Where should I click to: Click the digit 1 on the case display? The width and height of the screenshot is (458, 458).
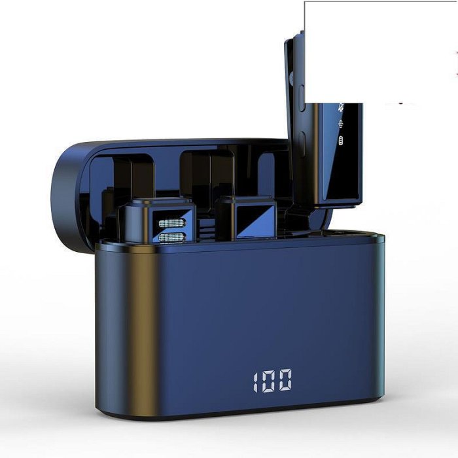pos(256,382)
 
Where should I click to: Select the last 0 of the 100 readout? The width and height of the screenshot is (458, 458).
pos(285,380)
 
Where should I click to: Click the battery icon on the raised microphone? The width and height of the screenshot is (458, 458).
pos(341,141)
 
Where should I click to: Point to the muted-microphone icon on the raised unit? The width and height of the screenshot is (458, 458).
pos(341,107)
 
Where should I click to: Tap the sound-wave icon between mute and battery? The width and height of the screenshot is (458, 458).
pos(341,124)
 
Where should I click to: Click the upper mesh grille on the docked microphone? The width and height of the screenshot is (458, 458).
pos(171,224)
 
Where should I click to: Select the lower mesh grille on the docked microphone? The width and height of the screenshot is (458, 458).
pos(171,238)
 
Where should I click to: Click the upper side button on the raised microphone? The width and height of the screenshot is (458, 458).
pos(302,98)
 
